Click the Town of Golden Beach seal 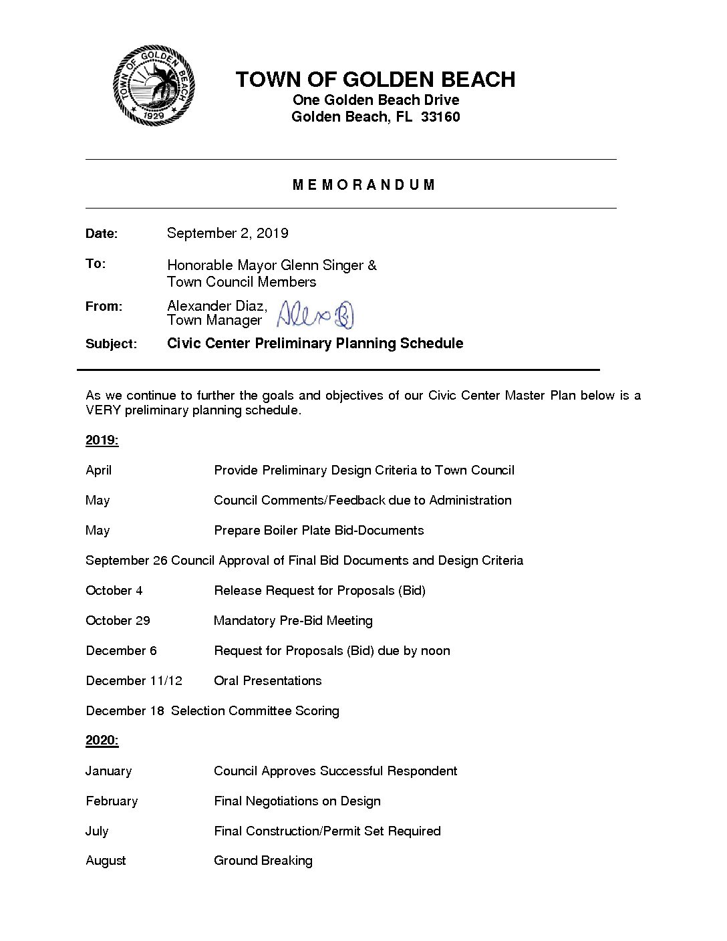tap(154, 86)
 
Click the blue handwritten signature tap(315, 314)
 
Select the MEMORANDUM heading tap(364, 185)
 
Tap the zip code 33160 tap(440, 117)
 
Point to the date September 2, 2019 tap(227, 233)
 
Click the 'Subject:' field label tap(111, 344)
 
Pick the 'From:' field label tap(104, 307)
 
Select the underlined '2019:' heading tap(102, 440)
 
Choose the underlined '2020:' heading tap(102, 741)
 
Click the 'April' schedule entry tap(98, 470)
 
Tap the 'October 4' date tap(114, 591)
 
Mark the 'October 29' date tap(118, 621)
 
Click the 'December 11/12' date tap(134, 681)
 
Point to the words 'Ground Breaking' tap(263, 861)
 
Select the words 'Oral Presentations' tap(267, 681)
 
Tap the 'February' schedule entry tap(112, 801)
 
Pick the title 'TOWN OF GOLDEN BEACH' tap(375, 80)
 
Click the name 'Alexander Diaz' tap(216, 306)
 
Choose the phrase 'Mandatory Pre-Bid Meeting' tap(293, 621)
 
